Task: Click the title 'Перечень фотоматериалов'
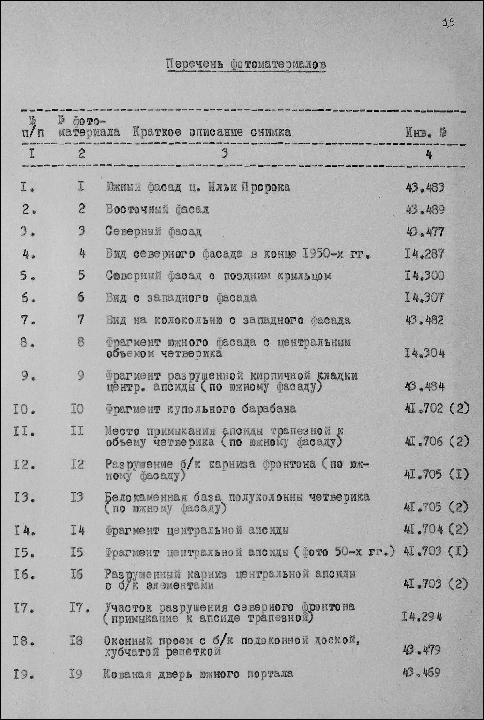click(246, 64)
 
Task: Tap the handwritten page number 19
click(448, 22)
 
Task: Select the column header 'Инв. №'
click(426, 132)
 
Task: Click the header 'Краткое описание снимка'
click(212, 132)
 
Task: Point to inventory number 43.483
click(424, 187)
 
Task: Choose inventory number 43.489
click(424, 210)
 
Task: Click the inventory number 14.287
click(424, 254)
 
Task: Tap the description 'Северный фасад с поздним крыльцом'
click(218, 276)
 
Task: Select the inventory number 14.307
click(424, 298)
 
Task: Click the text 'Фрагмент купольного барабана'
click(200, 409)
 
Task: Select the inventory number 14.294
click(422, 617)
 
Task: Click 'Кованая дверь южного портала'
click(198, 674)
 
